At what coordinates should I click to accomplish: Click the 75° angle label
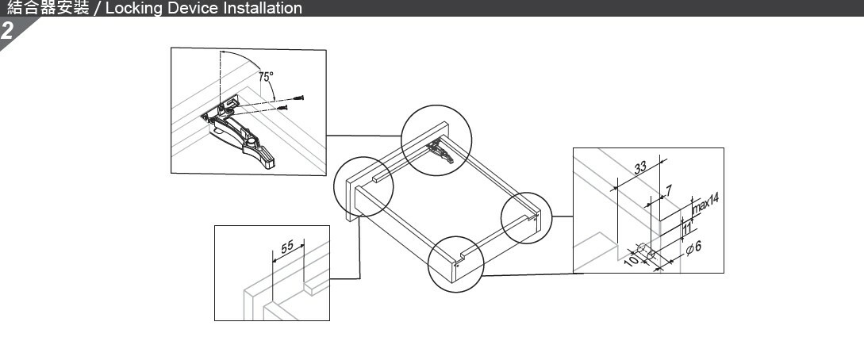click(x=266, y=77)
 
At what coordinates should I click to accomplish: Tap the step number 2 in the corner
click(x=7, y=32)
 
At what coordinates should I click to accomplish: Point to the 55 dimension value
click(x=287, y=247)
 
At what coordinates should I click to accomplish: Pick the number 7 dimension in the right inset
click(x=669, y=190)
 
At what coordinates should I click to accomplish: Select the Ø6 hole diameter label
click(x=693, y=249)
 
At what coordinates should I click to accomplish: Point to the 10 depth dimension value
click(x=631, y=259)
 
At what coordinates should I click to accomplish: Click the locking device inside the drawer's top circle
click(x=440, y=149)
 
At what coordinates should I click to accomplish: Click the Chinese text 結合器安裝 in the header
click(x=48, y=9)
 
